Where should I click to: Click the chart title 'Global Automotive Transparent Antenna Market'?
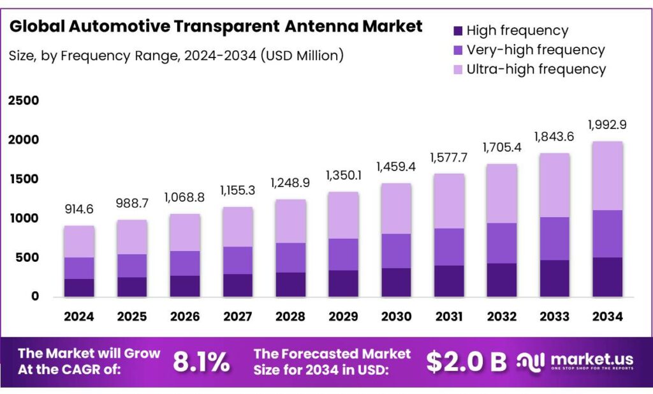[x=216, y=26]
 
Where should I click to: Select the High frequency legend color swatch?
[x=457, y=31]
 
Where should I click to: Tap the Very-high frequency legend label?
[x=536, y=50]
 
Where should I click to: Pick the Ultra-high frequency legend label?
[x=536, y=69]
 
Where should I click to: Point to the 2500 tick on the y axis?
[x=24, y=101]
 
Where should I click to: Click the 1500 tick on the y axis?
[x=24, y=179]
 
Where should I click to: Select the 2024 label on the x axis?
[x=79, y=316]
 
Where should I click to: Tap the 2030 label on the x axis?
[x=396, y=316]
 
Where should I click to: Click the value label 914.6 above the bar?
[x=79, y=209]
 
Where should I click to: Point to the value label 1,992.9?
[x=607, y=124]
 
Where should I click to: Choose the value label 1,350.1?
[x=343, y=176]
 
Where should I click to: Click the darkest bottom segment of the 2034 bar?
[x=607, y=277]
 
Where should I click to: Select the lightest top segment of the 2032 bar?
[x=502, y=193]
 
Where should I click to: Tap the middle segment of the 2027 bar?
[x=237, y=261]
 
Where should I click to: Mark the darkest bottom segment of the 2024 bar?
[x=79, y=287]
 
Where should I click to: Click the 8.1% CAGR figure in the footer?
[x=202, y=362]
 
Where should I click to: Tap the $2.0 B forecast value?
[x=466, y=362]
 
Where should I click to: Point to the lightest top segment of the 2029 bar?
[x=343, y=215]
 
